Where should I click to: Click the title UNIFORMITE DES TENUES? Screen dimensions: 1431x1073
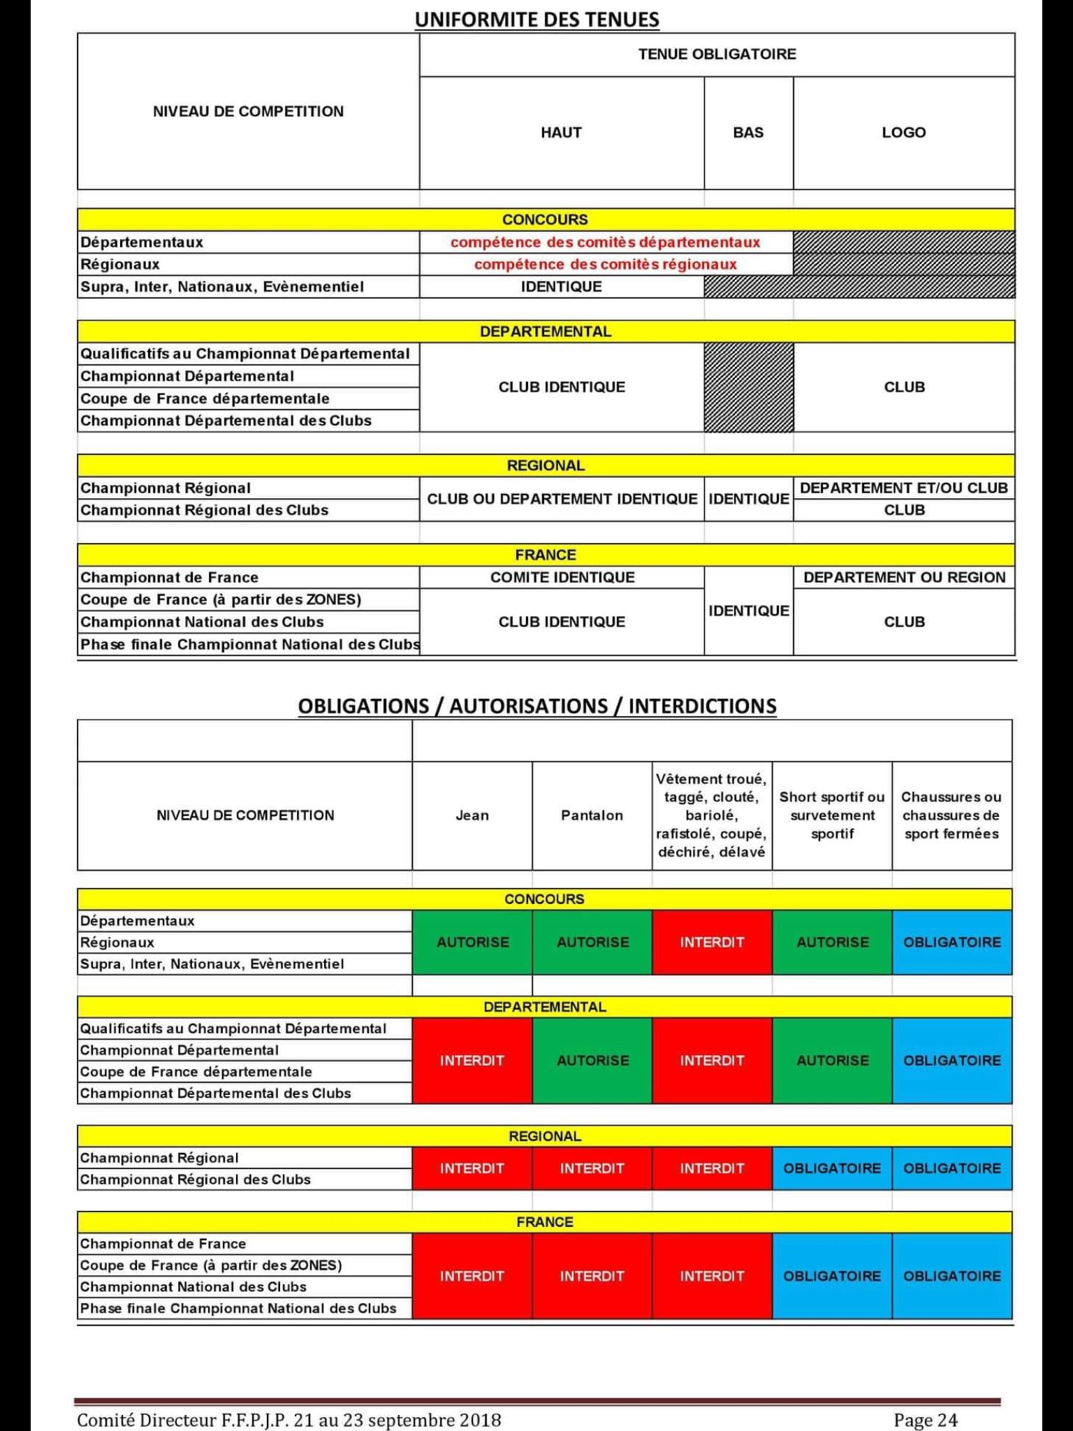coord(536,19)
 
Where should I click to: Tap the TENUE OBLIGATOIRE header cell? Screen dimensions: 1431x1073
coord(717,55)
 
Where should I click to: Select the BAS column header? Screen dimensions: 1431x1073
coord(748,133)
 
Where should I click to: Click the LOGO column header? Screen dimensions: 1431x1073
coord(903,133)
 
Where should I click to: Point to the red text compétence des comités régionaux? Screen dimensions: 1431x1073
coord(605,264)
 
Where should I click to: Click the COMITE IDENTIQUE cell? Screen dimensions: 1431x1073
coord(562,577)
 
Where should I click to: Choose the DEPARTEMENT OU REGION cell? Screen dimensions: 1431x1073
coord(904,577)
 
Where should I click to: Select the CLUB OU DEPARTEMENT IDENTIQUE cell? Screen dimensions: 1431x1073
coord(562,499)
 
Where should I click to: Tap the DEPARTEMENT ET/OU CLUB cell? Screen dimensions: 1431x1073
coord(904,488)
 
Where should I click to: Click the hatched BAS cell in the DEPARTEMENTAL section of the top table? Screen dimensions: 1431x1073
coord(748,387)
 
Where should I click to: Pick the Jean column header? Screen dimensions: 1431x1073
coord(472,815)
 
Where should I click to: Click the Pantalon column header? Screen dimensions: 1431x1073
coord(592,815)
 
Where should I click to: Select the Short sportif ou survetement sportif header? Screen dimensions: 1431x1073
coord(832,815)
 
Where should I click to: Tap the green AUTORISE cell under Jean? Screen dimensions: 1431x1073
coord(472,942)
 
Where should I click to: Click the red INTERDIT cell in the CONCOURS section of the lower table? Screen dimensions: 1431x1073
coord(712,942)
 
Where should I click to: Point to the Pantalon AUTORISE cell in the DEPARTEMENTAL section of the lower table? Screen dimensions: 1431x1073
coord(592,1060)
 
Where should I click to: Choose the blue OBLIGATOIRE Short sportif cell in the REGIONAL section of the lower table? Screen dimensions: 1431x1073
coord(832,1168)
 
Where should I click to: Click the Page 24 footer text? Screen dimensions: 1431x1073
coord(925,1420)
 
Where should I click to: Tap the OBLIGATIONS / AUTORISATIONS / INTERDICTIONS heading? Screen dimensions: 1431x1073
coord(536,706)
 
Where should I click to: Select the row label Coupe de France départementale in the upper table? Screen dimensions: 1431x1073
coord(205,398)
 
